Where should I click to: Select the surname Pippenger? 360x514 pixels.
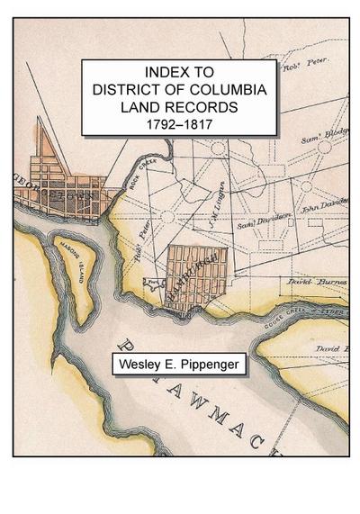(216, 365)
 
